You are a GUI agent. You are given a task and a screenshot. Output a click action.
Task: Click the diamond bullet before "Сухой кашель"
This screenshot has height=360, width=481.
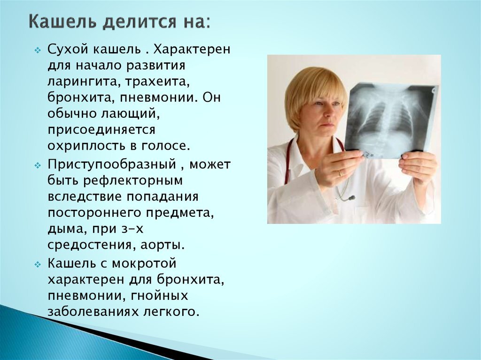click(38, 50)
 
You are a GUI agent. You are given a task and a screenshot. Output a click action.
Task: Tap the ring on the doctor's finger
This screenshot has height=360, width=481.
click(340, 172)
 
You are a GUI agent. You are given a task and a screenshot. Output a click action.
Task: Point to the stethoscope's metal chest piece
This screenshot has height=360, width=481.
click(350, 198)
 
